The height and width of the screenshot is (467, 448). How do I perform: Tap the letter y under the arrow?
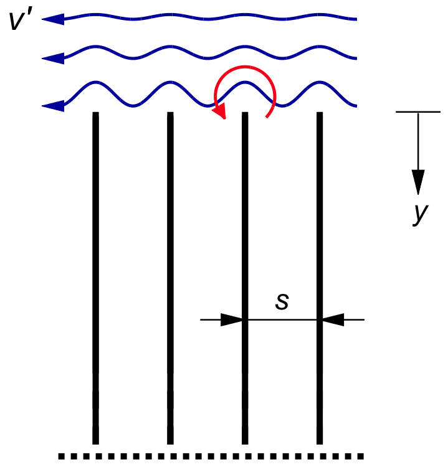click(421, 214)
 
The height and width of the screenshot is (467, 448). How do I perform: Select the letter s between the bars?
click(282, 301)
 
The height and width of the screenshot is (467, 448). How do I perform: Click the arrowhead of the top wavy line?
click(53, 19)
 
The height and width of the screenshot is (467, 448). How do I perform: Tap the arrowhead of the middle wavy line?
click(53, 59)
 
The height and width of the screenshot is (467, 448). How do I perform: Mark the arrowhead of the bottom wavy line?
click(53, 106)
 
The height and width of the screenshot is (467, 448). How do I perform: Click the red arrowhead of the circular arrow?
click(219, 113)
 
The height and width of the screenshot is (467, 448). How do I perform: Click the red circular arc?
click(243, 72)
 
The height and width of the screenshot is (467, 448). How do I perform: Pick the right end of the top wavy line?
click(356, 19)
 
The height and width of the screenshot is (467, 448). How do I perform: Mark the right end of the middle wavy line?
click(356, 59)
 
